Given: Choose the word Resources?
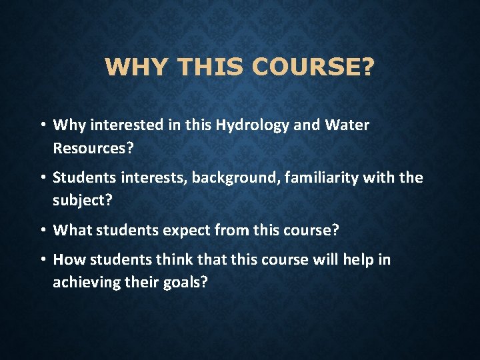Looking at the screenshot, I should pos(93,148).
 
